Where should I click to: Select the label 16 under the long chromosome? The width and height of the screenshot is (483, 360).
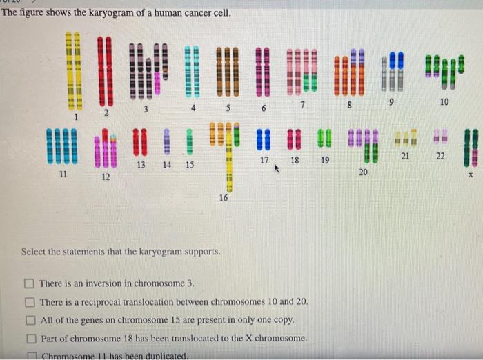222,197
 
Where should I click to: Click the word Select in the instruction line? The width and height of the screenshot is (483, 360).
34,251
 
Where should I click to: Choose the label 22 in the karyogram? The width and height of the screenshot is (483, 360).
440,156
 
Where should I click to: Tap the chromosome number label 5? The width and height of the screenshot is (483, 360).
228,108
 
